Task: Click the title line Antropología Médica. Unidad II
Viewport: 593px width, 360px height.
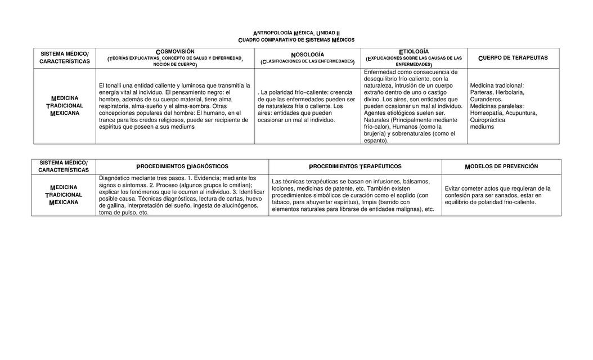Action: (x=296, y=33)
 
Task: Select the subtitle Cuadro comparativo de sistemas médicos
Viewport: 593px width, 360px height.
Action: (x=296, y=40)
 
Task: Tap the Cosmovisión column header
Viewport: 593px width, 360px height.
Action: (x=175, y=52)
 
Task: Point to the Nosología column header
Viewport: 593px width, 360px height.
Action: (x=307, y=55)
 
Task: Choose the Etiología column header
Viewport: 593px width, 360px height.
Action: (x=414, y=52)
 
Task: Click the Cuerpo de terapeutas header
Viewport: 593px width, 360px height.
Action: (x=513, y=58)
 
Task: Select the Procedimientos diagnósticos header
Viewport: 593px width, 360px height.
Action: (x=182, y=166)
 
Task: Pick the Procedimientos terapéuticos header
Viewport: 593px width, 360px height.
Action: (x=355, y=166)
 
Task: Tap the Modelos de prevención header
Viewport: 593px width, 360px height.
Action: (x=501, y=166)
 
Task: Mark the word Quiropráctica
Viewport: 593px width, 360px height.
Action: (x=487, y=120)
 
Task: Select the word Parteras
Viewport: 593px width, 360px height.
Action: (x=482, y=92)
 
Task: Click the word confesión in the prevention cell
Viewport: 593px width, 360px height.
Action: (x=460, y=196)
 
